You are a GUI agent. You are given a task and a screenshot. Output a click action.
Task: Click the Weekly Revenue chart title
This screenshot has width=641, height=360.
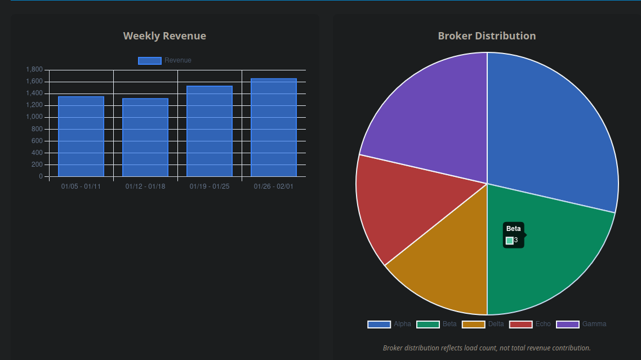(164, 36)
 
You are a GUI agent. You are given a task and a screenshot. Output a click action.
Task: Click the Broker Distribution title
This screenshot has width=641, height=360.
(487, 36)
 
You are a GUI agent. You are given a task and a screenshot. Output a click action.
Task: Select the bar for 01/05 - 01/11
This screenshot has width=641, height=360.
(81, 136)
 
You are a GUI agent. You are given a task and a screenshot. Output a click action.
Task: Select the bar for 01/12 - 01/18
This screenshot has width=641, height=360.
(145, 137)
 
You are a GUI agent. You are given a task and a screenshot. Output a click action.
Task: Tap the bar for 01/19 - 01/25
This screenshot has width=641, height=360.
(210, 131)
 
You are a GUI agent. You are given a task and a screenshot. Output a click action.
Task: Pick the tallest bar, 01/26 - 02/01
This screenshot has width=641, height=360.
(274, 127)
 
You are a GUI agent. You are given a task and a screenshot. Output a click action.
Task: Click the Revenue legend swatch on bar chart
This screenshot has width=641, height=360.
(150, 61)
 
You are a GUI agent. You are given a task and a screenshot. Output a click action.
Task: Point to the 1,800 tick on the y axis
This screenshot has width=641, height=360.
(34, 70)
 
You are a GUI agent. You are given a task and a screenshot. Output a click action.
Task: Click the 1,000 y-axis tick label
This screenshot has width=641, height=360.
(34, 117)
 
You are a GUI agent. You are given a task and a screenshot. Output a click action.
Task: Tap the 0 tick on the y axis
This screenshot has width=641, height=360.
(41, 176)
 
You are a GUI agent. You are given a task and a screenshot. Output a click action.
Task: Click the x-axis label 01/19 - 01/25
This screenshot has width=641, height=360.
(210, 186)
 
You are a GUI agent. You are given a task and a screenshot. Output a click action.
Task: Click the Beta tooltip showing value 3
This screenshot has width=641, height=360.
(513, 235)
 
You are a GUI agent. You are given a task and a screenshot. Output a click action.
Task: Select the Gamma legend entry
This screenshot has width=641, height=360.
(582, 324)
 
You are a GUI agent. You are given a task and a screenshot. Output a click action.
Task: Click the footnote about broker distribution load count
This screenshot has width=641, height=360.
(487, 348)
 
